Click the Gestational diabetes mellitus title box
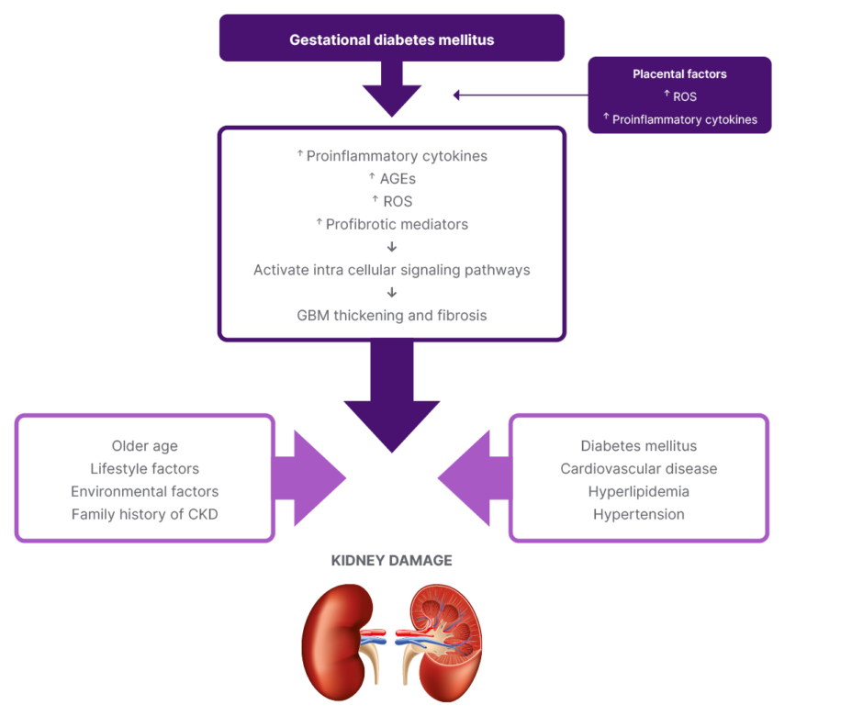391,39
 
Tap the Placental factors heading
678,74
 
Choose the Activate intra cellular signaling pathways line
392,270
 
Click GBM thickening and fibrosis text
392,315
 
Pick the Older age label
145,446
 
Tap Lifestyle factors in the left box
145,469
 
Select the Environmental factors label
145,492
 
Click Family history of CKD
145,514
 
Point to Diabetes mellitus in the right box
639,446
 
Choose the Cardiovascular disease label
639,469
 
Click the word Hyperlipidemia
639,492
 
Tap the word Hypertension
639,514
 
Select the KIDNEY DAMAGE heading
392,560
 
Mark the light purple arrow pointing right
309,478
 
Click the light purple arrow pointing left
473,478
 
